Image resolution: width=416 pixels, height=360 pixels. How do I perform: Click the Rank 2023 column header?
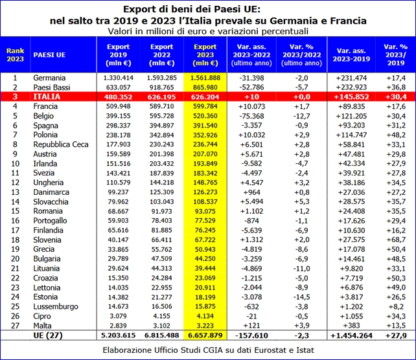click(15, 55)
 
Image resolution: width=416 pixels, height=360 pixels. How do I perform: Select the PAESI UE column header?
click(49, 55)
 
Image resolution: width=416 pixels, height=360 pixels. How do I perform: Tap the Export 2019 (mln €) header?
click(119, 55)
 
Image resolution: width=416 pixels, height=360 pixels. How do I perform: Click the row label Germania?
click(49, 78)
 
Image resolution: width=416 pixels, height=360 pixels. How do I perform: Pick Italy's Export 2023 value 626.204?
click(205, 96)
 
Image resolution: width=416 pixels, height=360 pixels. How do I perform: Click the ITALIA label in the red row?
click(47, 96)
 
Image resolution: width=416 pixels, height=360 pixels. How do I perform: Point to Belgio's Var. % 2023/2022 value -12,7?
click(301, 116)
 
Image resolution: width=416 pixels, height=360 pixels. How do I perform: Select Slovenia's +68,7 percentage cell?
click(396, 240)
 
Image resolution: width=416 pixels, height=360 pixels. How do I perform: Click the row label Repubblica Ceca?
click(61, 144)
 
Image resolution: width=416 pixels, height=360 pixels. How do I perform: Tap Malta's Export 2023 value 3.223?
click(205, 326)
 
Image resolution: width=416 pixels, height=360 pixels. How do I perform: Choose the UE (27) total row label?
click(48, 335)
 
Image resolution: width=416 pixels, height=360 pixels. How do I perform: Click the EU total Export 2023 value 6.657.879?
click(205, 335)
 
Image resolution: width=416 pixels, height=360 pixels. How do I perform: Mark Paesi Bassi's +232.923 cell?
click(351, 87)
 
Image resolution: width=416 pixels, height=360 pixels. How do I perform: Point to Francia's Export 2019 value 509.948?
click(119, 106)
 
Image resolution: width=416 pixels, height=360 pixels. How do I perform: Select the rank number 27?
click(15, 326)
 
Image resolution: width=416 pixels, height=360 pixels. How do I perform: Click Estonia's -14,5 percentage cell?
click(301, 297)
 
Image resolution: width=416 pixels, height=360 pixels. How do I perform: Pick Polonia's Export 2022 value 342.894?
click(161, 135)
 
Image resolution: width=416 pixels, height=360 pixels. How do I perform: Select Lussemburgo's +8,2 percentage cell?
click(396, 306)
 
